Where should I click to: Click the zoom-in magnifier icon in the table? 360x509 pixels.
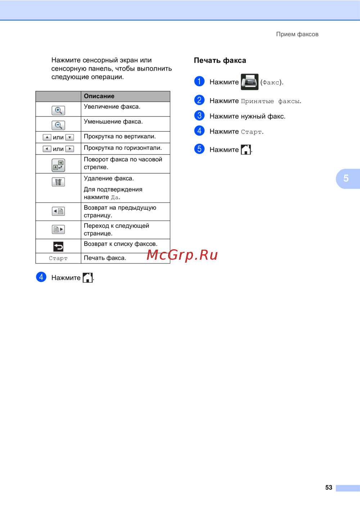coord(58,111)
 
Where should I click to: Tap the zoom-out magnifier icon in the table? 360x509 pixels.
coord(58,125)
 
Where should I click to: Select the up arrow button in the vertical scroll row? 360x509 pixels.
coord(47,138)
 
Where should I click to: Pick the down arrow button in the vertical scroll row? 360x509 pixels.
coord(70,138)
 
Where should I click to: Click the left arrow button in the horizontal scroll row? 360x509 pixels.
coord(47,149)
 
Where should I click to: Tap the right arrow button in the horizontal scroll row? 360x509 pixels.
coord(70,149)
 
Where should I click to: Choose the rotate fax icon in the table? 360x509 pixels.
coord(58,165)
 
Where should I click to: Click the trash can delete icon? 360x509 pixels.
coord(58,182)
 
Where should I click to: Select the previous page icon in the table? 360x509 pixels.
coord(58,211)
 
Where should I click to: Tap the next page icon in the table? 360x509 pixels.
coord(58,229)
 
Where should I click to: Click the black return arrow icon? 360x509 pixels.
coord(58,246)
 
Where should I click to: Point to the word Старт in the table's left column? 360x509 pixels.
coord(58,258)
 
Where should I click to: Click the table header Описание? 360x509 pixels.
coord(99,96)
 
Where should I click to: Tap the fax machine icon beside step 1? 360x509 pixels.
coord(249,82)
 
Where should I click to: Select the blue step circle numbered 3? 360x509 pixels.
coord(199,115)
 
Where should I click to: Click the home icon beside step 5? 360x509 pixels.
coord(246,149)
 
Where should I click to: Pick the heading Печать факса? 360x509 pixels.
coord(220,61)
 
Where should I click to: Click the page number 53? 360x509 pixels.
coord(329,487)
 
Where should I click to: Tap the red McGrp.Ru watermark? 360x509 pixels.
coord(182,255)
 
